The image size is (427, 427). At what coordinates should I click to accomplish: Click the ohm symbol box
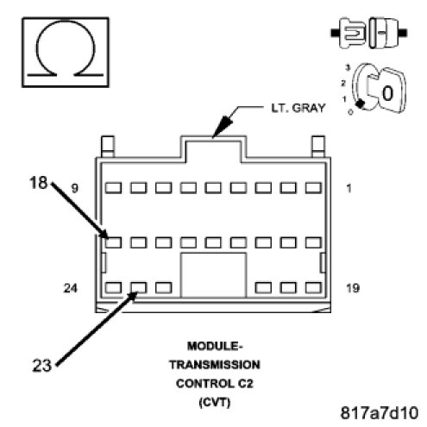click(66, 53)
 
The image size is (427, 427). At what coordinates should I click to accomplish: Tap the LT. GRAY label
click(298, 108)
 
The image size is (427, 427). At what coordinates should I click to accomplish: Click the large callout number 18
click(39, 182)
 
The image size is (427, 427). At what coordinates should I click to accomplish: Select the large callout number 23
click(42, 365)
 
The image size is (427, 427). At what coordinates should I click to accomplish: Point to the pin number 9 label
click(75, 188)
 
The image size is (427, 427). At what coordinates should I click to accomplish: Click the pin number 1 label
click(349, 188)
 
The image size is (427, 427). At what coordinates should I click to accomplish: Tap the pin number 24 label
click(71, 288)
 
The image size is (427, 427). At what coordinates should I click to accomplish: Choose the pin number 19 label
click(353, 288)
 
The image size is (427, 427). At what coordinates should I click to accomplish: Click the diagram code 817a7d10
click(380, 413)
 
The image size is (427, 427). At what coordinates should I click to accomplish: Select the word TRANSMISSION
click(215, 365)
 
